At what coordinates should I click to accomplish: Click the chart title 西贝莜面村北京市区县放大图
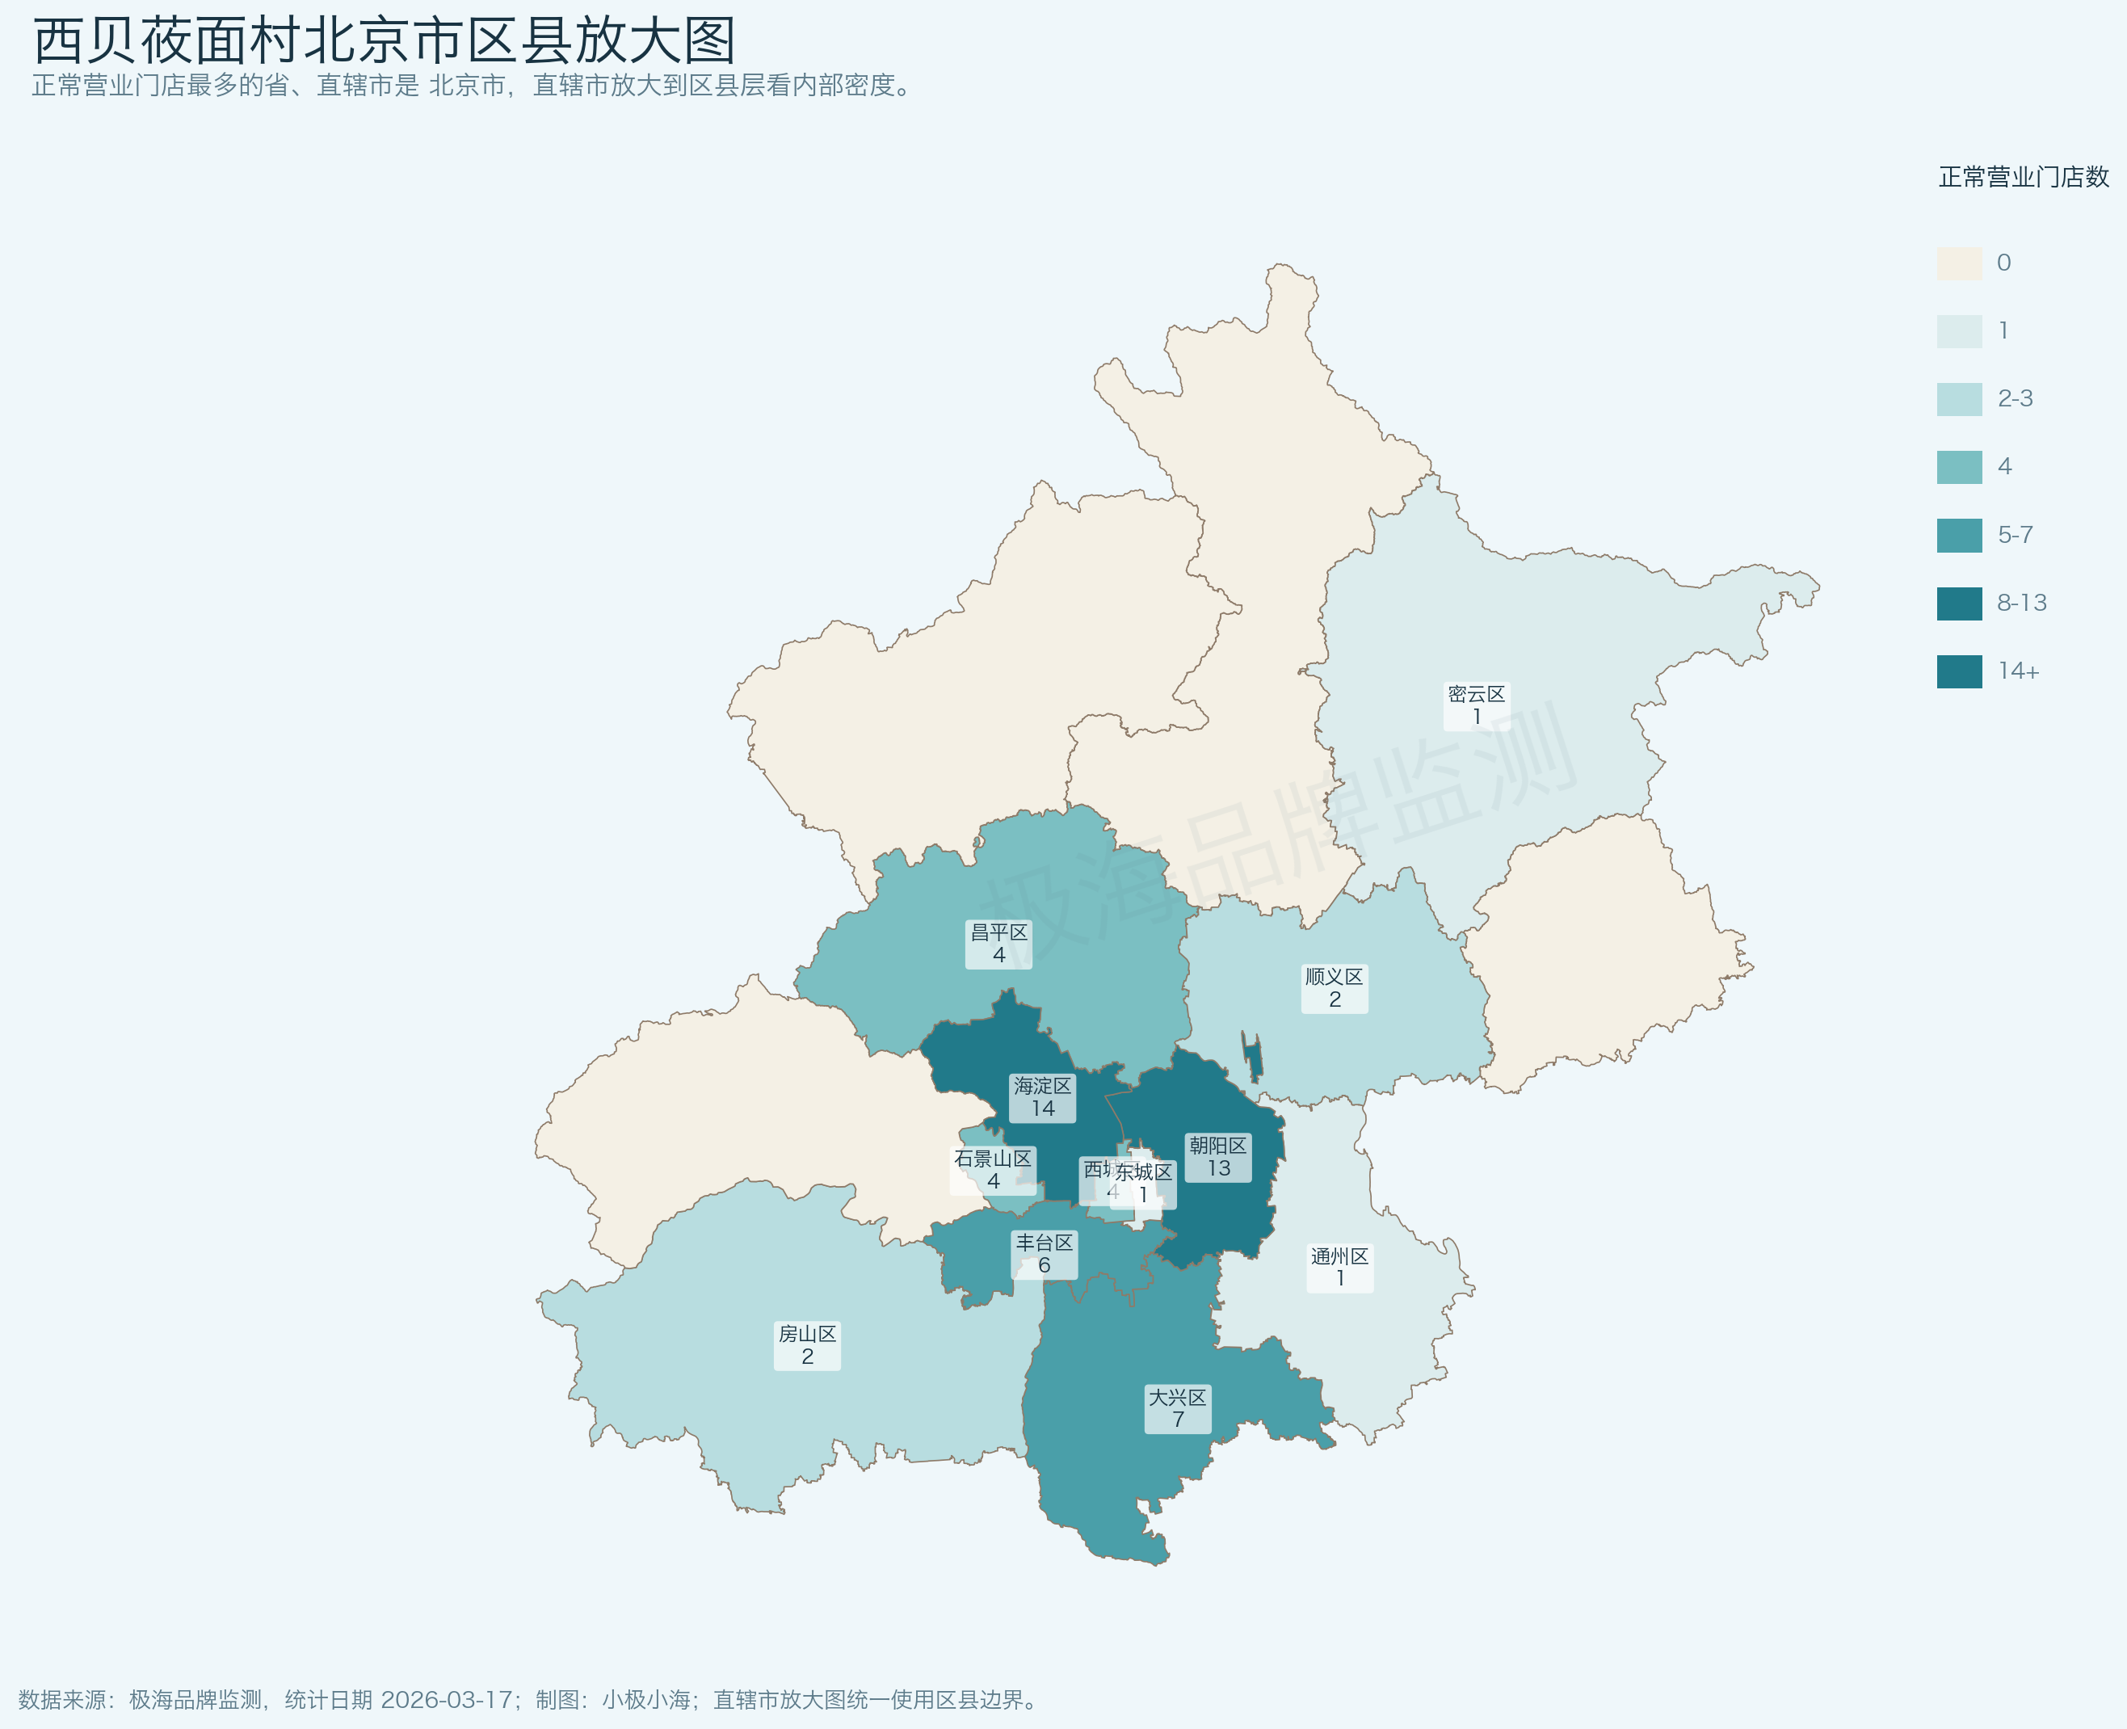click(x=385, y=42)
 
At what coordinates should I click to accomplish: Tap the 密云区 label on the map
click(x=1476, y=705)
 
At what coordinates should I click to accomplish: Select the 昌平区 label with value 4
click(x=998, y=943)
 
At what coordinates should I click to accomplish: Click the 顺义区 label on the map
click(x=1335, y=988)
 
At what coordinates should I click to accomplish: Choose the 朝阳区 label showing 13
click(x=1218, y=1156)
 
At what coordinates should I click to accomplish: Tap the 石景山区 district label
click(x=993, y=1169)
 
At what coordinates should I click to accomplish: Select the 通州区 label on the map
click(x=1339, y=1267)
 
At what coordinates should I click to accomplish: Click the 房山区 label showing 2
click(x=806, y=1344)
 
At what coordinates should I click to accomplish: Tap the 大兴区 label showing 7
click(x=1177, y=1408)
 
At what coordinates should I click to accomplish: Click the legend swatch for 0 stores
click(x=1959, y=263)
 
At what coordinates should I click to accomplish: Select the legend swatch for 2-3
click(x=1959, y=399)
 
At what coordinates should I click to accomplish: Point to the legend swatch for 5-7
click(x=1959, y=536)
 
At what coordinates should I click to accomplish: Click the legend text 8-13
click(x=2021, y=604)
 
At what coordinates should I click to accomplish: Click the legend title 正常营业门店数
click(x=2024, y=177)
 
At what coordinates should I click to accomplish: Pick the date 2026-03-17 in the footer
click(x=446, y=1699)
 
